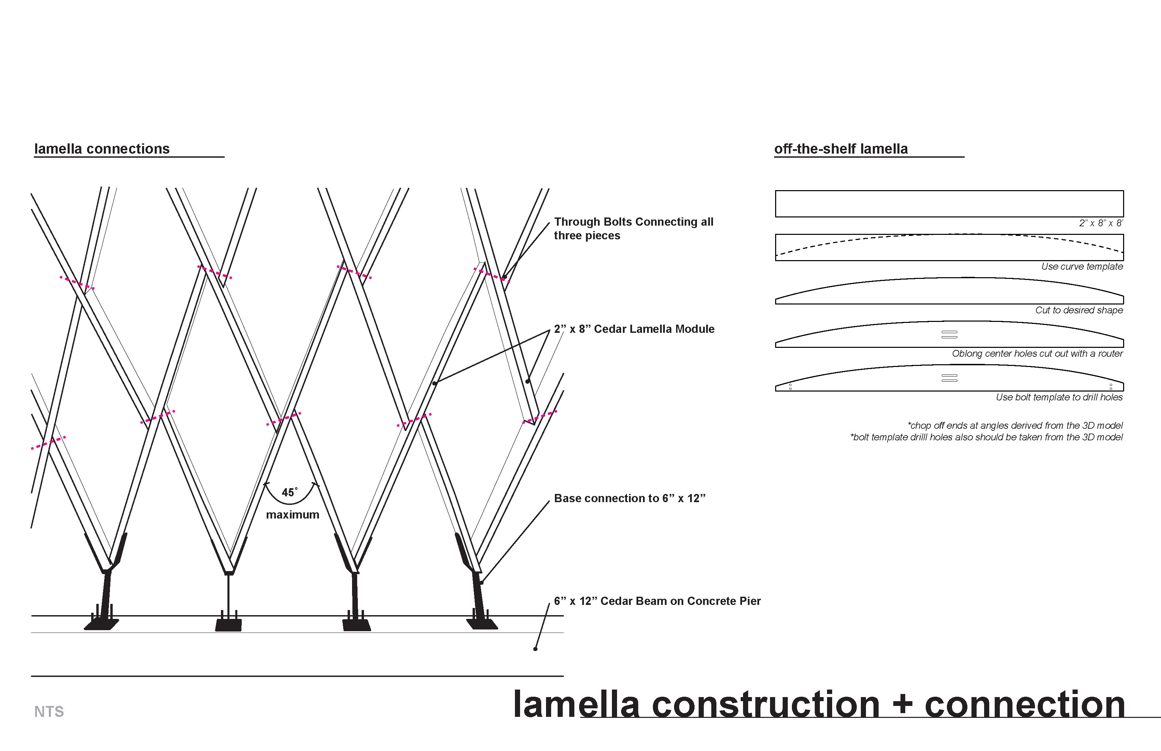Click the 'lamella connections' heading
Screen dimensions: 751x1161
[x=102, y=149]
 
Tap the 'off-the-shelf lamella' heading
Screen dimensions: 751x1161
[x=841, y=149]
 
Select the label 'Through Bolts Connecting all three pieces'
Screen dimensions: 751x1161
[x=633, y=228]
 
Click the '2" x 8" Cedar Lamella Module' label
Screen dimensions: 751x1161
[x=634, y=329]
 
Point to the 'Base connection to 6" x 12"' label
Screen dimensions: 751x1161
[x=629, y=498]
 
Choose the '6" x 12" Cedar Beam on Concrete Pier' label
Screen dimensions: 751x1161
[x=657, y=601]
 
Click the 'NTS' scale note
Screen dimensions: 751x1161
[x=49, y=712]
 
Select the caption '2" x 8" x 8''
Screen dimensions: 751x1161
[x=1101, y=223]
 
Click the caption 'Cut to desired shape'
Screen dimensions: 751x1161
[x=1079, y=310]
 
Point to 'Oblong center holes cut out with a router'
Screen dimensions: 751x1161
[x=1037, y=354]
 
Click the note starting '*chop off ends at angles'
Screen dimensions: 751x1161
[x=1015, y=426]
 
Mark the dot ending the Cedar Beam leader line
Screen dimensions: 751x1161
[x=535, y=649]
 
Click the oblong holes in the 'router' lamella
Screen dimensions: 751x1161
[x=949, y=335]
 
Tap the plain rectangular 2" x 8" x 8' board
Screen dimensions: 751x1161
[x=949, y=204]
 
